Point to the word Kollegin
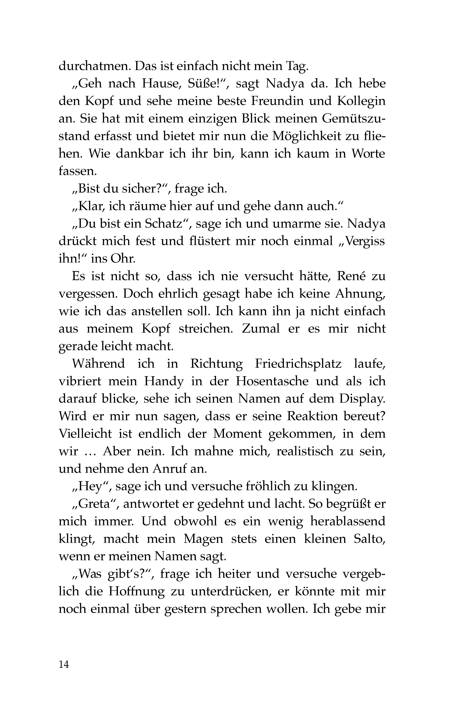[361, 101]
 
